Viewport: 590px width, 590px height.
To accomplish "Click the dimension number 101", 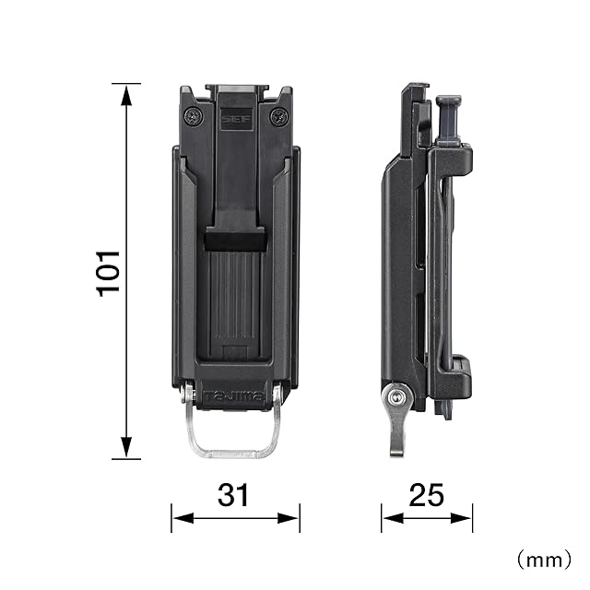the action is tap(109, 273).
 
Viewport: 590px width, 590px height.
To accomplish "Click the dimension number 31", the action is tap(233, 495).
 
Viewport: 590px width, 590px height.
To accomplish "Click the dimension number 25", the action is tap(426, 495).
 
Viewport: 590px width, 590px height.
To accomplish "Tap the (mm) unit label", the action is tap(543, 560).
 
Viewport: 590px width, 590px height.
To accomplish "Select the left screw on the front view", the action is tap(195, 116).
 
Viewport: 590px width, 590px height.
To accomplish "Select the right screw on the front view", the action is tap(279, 116).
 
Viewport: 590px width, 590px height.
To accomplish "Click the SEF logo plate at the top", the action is tap(236, 119).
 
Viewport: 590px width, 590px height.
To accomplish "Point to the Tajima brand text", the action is tap(235, 396).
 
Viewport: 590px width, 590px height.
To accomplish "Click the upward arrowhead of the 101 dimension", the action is tap(126, 96).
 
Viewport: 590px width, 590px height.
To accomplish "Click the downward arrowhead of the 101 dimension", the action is tap(126, 446).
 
